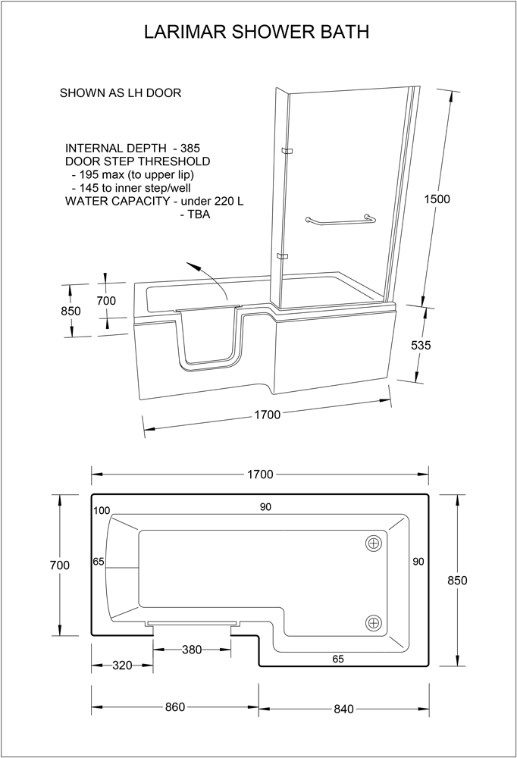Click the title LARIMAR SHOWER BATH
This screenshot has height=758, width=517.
pos(257,32)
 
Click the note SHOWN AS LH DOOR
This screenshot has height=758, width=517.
pos(121,92)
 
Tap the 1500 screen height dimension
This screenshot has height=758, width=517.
pos(437,199)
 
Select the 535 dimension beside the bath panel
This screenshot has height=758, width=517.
pos(421,345)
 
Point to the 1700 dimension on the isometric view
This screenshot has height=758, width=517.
pos(268,415)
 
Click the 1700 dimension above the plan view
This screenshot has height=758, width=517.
pos(260,475)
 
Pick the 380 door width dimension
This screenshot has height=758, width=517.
pos(192,650)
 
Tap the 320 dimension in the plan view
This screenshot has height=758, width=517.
pos(122,666)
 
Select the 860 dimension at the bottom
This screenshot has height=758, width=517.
pos(175,706)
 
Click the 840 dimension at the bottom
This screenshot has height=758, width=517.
pos(344,709)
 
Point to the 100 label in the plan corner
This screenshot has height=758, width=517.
pos(102,510)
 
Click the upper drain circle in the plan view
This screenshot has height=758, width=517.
pos(374,543)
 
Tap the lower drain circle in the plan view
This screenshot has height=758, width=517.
pos(374,622)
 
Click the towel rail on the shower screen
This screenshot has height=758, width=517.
pos(340,221)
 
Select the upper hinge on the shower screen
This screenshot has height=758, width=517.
pos(287,152)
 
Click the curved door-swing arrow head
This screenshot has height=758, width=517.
pos(193,266)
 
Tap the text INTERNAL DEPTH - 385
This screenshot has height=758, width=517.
pos(133,148)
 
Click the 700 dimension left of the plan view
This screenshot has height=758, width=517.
pos(60,565)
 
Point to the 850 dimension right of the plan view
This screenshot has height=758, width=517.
pos(457,580)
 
